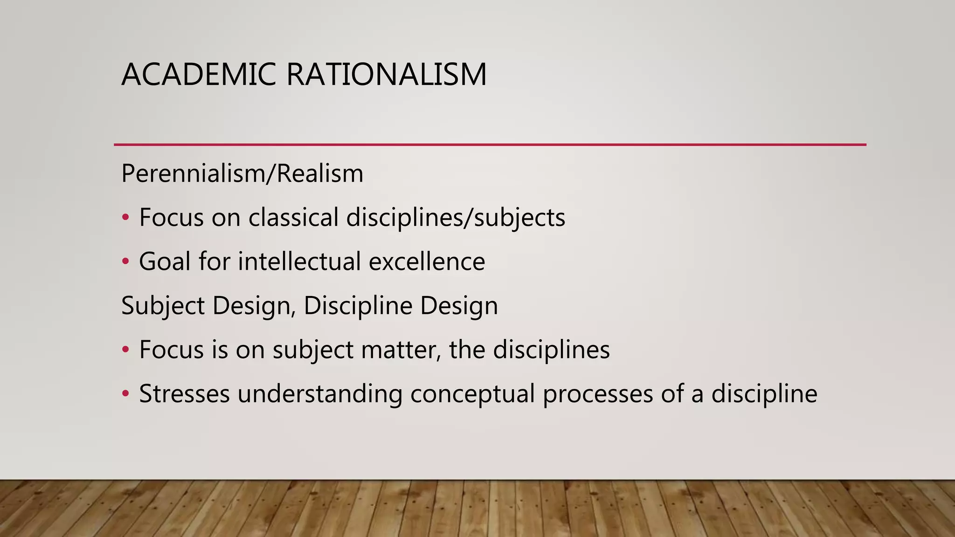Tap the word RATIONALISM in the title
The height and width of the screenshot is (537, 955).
point(387,75)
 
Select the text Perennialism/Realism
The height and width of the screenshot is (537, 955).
point(242,174)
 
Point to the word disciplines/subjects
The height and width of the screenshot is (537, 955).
point(456,218)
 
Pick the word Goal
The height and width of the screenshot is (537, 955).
point(165,262)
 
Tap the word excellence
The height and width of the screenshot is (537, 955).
point(427,262)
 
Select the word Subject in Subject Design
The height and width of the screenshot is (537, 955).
point(163,306)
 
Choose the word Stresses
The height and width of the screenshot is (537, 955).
point(184,394)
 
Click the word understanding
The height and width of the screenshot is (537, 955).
point(320,394)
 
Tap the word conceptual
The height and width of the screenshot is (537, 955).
point(472,394)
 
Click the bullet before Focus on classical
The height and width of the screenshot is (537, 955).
point(125,218)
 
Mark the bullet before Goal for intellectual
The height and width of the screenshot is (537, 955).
point(125,262)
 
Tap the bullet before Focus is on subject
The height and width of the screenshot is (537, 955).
point(125,350)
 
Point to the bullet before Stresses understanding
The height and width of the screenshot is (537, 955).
point(125,394)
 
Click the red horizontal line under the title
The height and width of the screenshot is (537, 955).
point(490,145)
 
